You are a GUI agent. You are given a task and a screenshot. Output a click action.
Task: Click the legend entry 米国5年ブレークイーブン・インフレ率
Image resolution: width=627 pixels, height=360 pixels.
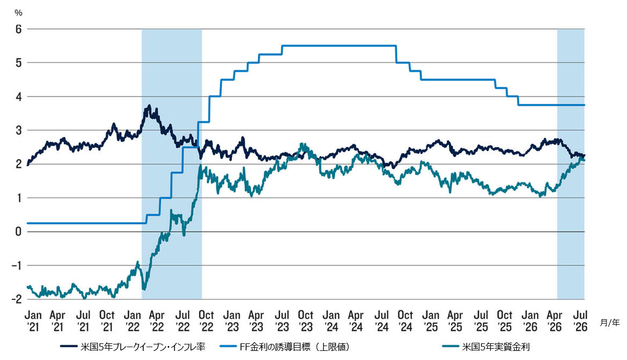click(x=133, y=347)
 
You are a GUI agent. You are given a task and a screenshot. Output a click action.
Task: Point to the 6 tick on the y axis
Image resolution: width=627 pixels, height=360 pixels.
click(x=18, y=29)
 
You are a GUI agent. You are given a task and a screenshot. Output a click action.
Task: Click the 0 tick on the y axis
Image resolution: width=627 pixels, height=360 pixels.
click(x=18, y=232)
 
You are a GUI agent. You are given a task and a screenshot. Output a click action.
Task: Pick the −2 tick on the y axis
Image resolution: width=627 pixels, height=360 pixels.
click(x=16, y=299)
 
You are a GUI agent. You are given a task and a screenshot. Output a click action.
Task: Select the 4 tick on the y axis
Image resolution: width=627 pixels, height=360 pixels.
click(x=18, y=97)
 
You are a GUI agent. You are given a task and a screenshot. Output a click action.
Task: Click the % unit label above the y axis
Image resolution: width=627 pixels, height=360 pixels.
click(x=18, y=13)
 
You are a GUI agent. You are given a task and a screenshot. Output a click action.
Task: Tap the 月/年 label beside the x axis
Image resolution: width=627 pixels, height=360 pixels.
click(x=610, y=322)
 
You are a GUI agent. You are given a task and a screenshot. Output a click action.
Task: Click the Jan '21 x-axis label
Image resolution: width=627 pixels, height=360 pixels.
click(x=33, y=321)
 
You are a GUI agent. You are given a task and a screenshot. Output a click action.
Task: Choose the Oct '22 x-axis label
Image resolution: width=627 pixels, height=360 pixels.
click(x=206, y=321)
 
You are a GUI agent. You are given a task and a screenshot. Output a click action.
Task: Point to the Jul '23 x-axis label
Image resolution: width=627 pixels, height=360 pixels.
click(x=282, y=321)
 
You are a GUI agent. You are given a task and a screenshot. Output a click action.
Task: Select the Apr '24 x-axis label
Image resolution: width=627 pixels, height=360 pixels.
click(x=356, y=321)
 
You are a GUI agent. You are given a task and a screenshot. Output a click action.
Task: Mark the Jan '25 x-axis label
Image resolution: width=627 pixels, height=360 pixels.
click(x=431, y=321)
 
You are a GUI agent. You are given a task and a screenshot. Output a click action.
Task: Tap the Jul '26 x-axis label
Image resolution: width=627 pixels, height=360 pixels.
click(x=580, y=321)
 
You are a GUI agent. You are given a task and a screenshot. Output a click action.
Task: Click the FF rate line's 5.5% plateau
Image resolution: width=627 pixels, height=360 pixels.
click(x=339, y=46)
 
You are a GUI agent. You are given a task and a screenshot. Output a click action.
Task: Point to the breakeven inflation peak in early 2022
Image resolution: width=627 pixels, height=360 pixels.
click(x=149, y=106)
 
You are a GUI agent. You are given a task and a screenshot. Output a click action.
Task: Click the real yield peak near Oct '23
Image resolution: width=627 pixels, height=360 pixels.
click(x=302, y=145)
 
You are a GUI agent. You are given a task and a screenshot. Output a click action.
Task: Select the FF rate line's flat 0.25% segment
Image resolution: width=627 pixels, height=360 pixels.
click(x=86, y=223)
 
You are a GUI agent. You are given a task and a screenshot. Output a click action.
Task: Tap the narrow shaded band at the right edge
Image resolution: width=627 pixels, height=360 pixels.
click(x=571, y=164)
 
